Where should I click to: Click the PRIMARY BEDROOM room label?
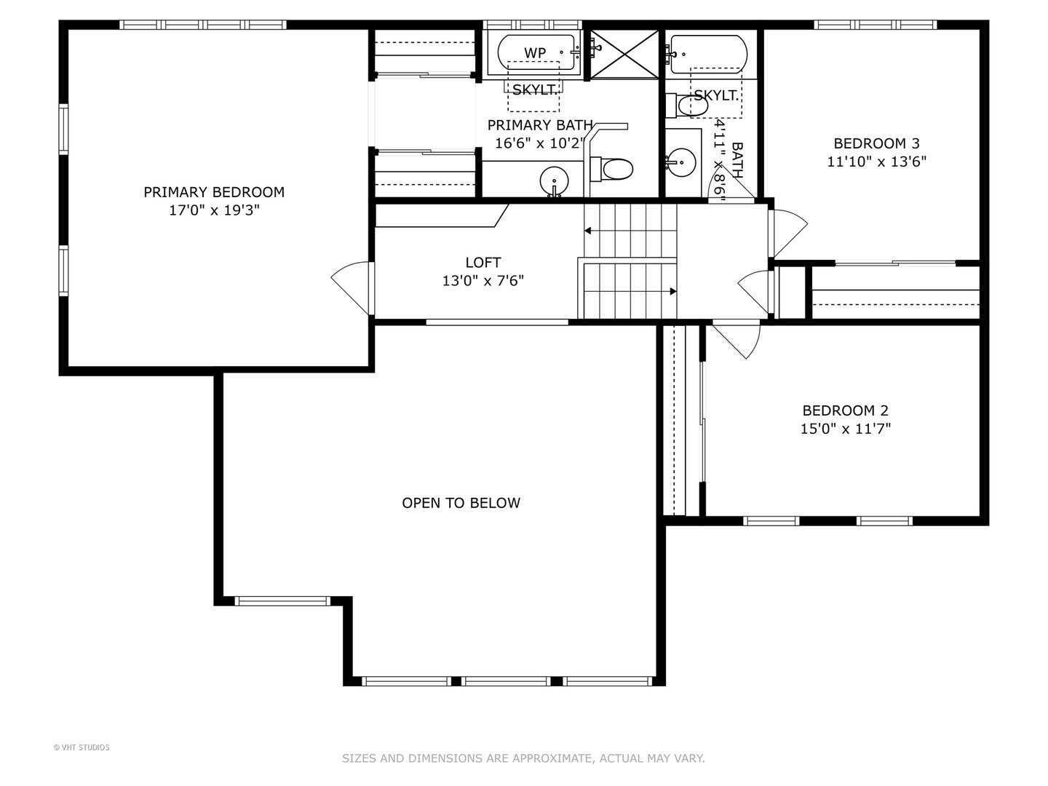(213, 192)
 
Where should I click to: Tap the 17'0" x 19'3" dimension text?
(213, 210)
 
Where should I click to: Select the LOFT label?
(483, 262)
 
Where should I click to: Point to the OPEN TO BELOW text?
(461, 503)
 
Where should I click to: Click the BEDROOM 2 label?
(845, 410)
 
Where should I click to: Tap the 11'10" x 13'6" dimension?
(876, 162)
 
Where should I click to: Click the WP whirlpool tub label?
(535, 52)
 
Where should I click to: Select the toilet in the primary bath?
(613, 169)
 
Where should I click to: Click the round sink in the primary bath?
(555, 179)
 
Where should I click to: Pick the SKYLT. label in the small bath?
(716, 95)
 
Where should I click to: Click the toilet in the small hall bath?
(688, 106)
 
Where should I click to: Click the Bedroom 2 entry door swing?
(737, 338)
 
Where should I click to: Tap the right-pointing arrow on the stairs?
(672, 291)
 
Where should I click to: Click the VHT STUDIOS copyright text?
(82, 747)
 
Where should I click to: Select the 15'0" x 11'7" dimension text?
(845, 429)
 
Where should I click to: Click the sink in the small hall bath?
(682, 158)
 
